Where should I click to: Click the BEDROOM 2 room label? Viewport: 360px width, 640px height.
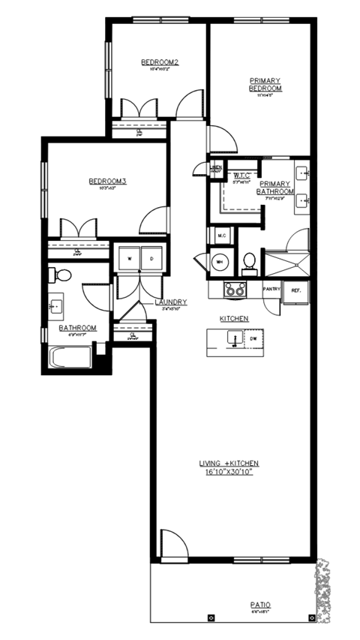click(x=159, y=62)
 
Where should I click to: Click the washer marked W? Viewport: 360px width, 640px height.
click(x=130, y=258)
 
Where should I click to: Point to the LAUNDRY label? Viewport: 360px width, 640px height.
click(x=170, y=302)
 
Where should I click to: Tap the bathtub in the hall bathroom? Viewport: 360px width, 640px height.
click(x=70, y=357)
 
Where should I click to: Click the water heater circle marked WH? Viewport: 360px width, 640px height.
click(x=220, y=262)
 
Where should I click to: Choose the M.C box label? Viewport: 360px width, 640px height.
click(x=221, y=236)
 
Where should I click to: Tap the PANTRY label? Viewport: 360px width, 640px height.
click(x=271, y=289)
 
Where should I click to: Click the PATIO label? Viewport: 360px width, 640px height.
click(x=262, y=605)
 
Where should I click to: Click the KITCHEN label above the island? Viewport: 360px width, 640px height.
click(x=233, y=319)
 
